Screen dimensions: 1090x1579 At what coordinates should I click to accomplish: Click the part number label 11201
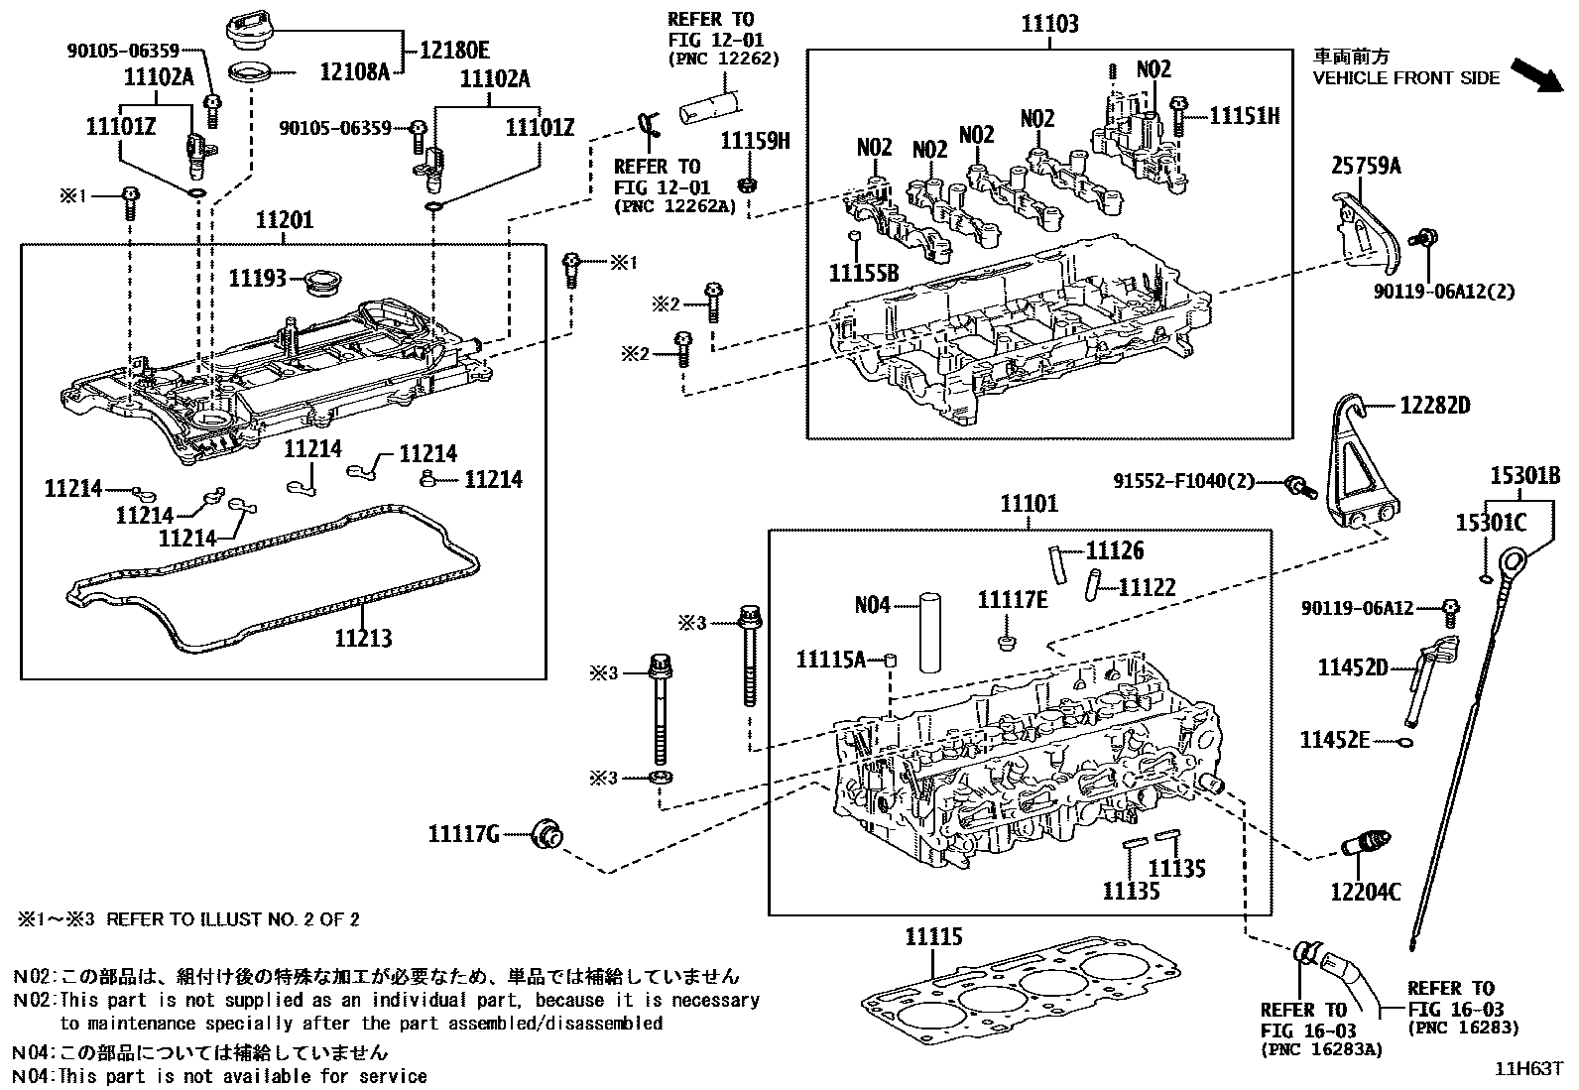click(285, 220)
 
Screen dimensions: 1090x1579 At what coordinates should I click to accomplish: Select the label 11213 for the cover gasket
click(363, 638)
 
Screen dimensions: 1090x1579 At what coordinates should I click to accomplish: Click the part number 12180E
click(454, 47)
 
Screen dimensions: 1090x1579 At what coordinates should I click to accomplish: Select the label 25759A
click(1366, 167)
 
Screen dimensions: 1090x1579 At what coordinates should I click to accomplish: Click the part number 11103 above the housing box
click(1050, 24)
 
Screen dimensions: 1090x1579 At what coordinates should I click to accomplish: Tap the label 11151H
click(1245, 116)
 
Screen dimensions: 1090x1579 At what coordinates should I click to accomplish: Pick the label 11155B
click(863, 272)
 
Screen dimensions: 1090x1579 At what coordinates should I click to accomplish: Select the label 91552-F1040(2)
click(1183, 482)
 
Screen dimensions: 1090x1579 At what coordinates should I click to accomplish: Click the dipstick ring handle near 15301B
click(1521, 567)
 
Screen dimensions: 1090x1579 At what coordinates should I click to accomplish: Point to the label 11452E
click(1335, 740)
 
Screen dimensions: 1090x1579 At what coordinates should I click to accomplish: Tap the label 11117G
click(464, 834)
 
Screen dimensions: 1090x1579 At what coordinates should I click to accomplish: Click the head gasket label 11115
click(933, 936)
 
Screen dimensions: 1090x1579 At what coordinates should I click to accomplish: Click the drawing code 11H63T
click(1528, 1069)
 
